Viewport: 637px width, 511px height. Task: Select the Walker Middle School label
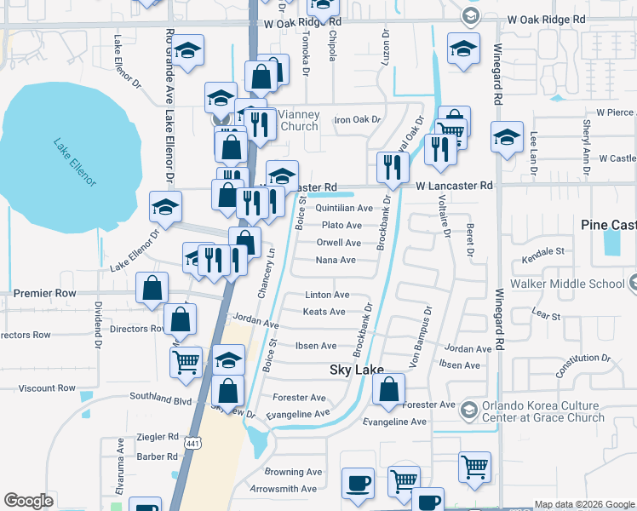click(566, 284)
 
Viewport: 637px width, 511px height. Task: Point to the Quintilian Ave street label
click(344, 208)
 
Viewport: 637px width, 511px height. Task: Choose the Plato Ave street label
click(341, 226)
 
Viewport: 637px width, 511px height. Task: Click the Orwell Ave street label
click(339, 243)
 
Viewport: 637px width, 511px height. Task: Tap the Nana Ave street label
click(336, 260)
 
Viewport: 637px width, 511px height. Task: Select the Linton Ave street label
click(327, 295)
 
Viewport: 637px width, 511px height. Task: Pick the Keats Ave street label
click(324, 312)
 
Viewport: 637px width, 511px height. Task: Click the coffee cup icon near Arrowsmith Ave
click(358, 483)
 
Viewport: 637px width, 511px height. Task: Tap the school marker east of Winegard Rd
click(507, 137)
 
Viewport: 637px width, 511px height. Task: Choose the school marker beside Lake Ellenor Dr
click(165, 206)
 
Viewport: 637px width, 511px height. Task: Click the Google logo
click(28, 501)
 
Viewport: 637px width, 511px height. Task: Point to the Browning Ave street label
click(293, 472)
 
